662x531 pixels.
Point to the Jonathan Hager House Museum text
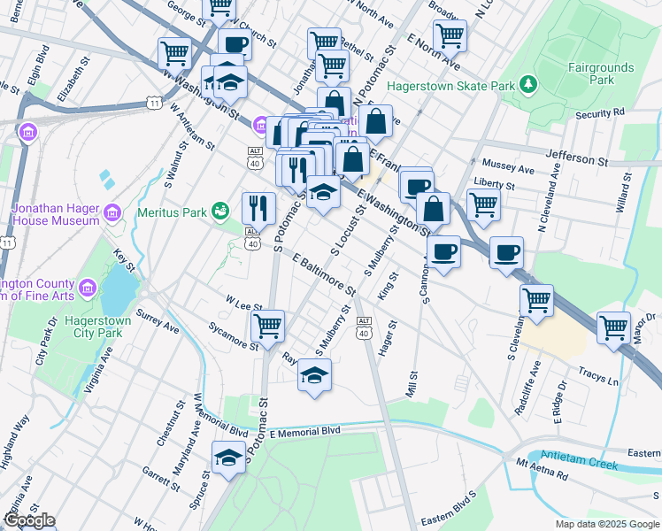[55, 214]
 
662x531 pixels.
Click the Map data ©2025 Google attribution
[605, 523]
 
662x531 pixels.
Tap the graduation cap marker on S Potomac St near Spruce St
[229, 458]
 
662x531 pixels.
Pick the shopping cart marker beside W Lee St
[268, 325]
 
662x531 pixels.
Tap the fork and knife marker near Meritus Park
[258, 208]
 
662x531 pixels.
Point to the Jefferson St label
[577, 162]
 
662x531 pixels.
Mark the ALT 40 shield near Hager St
[363, 327]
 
